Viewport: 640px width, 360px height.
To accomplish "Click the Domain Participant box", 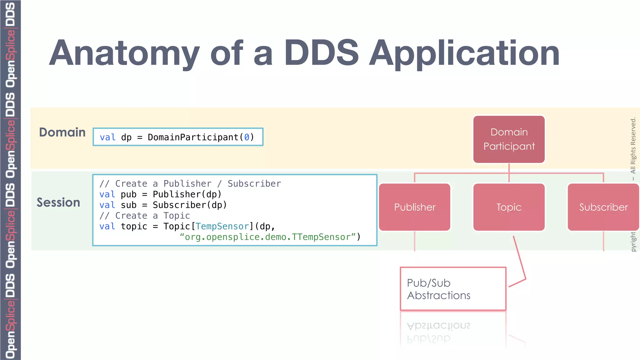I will click(509, 139).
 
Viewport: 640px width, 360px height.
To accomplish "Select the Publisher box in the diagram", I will click(415, 207).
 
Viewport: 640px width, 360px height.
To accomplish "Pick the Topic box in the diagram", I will click(509, 207).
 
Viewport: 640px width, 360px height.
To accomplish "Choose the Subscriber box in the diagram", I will click(603, 207).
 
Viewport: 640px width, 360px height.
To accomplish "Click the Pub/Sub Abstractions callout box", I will click(453, 289).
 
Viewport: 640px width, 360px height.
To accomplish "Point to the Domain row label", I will click(62, 132).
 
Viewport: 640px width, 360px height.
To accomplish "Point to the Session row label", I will click(58, 202).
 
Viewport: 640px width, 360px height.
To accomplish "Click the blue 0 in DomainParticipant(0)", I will click(247, 137).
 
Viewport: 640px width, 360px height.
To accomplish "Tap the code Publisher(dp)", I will click(187, 194).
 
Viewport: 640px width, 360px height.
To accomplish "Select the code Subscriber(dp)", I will click(189, 205).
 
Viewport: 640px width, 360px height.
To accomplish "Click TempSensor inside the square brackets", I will click(222, 226).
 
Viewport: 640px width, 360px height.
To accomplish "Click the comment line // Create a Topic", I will click(144, 216).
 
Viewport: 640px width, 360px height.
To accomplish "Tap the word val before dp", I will click(107, 137).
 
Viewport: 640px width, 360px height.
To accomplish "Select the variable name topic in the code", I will click(134, 226).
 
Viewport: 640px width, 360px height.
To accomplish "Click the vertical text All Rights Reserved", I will click(633, 145).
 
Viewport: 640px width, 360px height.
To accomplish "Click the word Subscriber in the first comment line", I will click(254, 184).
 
